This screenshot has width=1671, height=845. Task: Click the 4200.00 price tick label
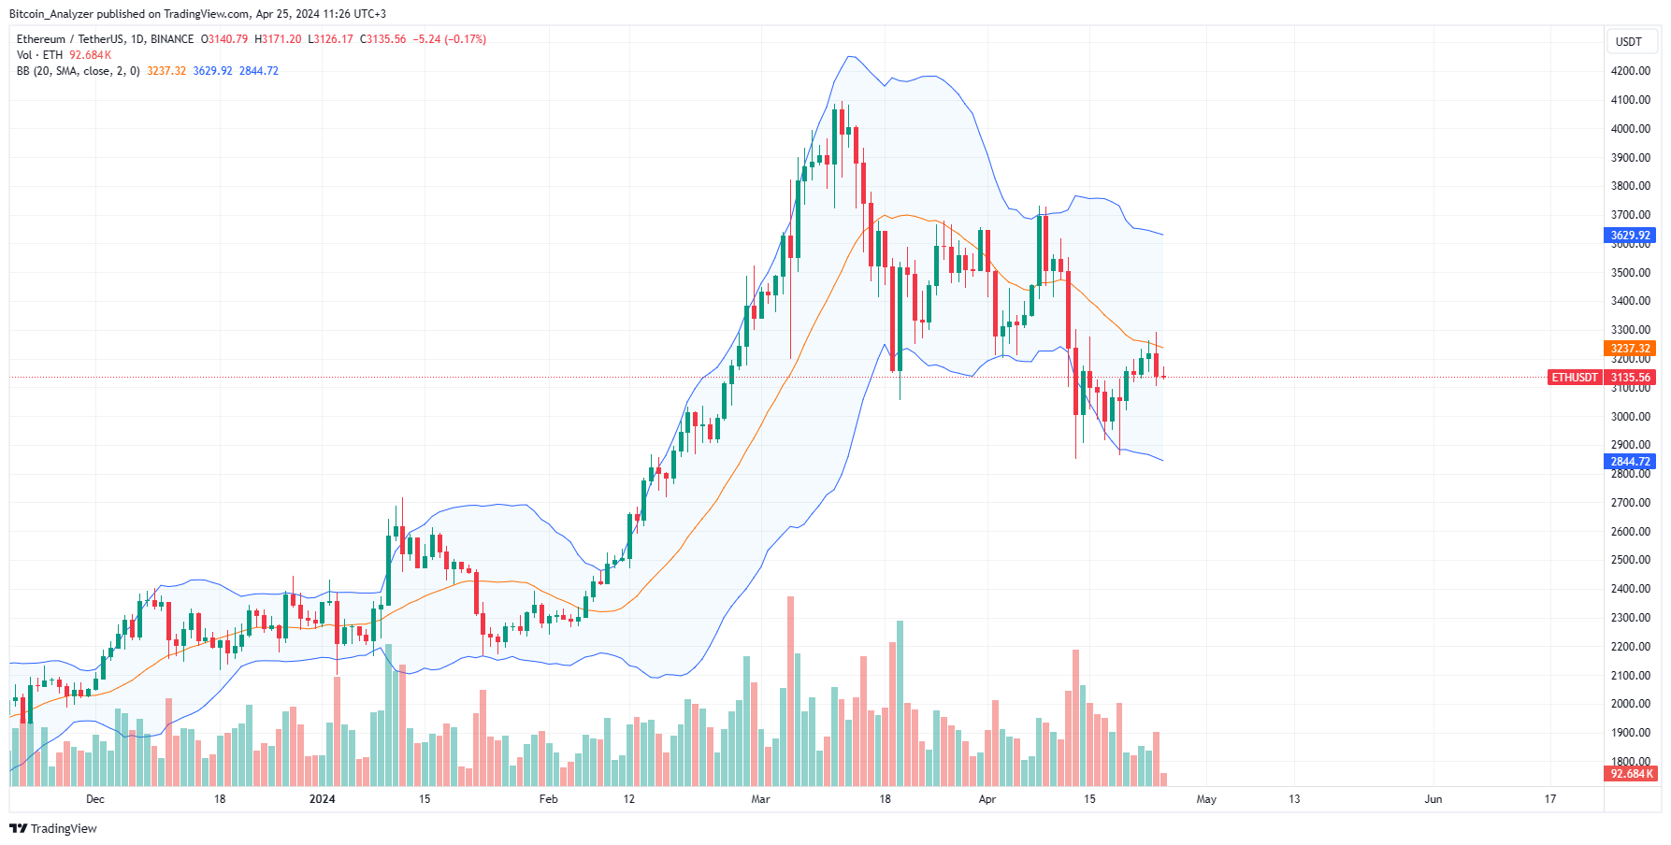(1630, 71)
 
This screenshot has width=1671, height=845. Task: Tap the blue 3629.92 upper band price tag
(1630, 236)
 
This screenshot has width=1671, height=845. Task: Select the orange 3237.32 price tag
(1630, 349)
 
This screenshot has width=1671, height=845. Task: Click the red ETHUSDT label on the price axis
(1575, 378)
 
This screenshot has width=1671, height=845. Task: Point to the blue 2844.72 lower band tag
(1630, 462)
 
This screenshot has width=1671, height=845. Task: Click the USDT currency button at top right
(1629, 41)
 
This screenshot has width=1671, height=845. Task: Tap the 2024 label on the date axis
(322, 799)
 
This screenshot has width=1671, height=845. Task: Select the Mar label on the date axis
(760, 799)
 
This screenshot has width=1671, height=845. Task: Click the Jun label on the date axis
(1433, 799)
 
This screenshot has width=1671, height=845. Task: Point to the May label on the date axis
(1206, 799)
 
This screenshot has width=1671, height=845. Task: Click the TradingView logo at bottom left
(53, 828)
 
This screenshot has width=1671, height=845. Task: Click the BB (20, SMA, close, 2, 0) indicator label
(79, 71)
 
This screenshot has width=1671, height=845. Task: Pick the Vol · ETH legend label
(39, 55)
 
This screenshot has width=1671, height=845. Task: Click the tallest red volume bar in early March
(790, 692)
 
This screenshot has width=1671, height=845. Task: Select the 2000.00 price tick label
(1630, 704)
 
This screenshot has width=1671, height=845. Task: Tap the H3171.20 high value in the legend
(279, 39)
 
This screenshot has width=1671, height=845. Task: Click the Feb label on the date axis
(548, 799)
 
